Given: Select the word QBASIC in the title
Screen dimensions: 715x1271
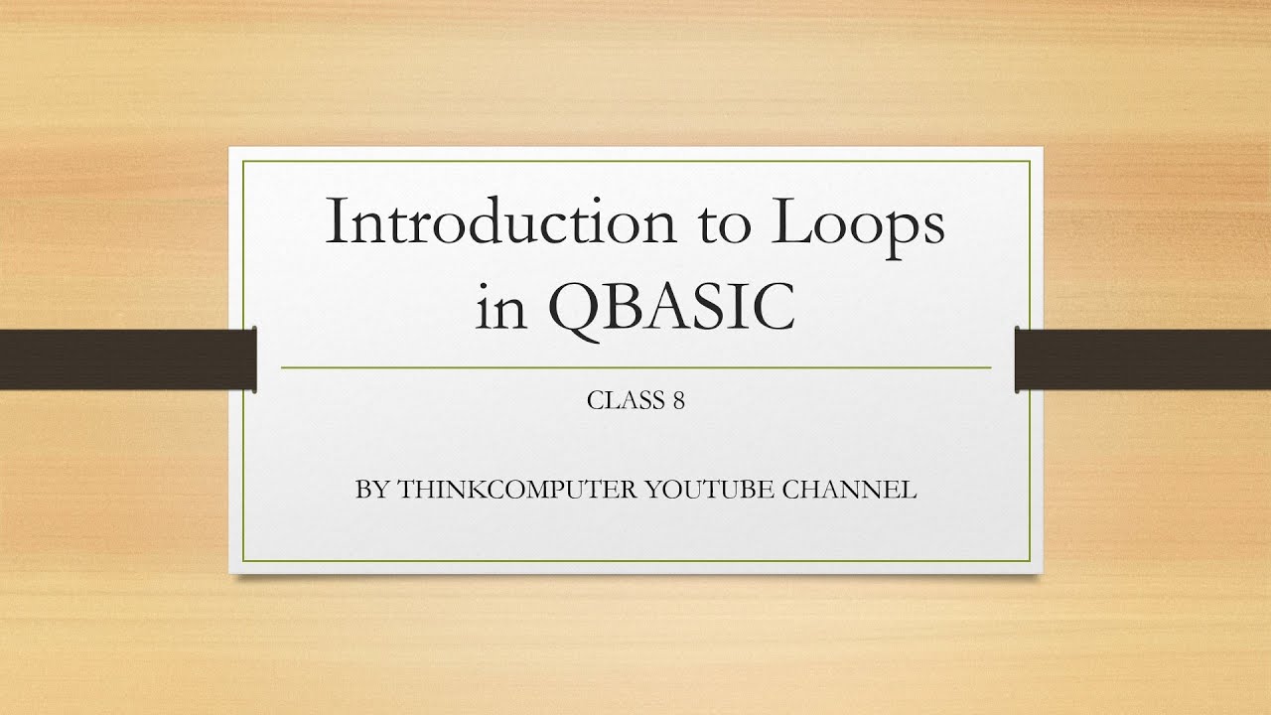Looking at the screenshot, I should pos(672,308).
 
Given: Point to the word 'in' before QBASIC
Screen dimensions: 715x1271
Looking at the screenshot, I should pos(496,308).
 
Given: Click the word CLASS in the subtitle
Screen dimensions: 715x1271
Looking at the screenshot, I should pos(622,401).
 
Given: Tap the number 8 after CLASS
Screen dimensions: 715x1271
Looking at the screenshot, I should pos(678,401).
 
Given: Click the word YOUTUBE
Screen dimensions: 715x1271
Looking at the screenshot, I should pos(710,491).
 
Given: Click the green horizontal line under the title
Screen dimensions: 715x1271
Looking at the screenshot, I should pos(635,367).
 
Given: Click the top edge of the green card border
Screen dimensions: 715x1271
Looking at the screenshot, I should pos(635,160).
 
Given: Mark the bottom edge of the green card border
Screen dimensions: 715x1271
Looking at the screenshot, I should pos(635,561).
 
